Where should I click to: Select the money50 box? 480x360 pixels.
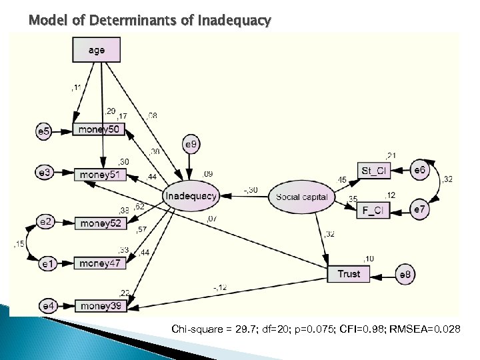click(99, 129)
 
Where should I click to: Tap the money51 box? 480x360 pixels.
click(99, 175)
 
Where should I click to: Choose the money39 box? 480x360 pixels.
click(101, 306)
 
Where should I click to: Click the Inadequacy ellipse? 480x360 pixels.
click(191, 196)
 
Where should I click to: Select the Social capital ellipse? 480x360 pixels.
click(301, 197)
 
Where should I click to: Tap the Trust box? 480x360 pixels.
click(349, 274)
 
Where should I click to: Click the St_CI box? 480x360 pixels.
click(374, 171)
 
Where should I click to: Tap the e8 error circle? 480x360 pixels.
click(405, 274)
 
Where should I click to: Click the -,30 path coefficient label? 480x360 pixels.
click(251, 190)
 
